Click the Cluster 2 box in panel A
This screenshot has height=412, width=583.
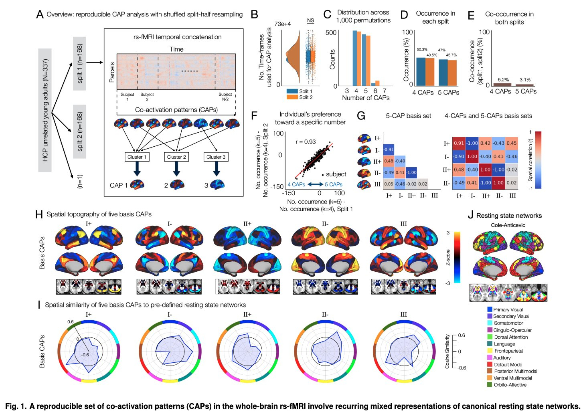176,157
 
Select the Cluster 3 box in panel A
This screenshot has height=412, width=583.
216,157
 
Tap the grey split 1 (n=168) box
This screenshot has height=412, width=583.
79,63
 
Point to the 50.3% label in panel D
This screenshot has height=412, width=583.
422,50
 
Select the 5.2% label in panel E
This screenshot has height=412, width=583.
503,80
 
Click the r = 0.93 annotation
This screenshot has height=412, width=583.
306,142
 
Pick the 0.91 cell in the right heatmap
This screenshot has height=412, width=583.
459,143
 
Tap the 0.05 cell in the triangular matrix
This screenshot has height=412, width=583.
389,184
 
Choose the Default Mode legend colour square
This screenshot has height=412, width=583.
490,364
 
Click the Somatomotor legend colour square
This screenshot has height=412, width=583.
490,323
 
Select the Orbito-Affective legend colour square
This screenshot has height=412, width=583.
490,385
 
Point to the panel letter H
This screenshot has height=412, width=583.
39,214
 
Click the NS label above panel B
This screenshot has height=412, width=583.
310,20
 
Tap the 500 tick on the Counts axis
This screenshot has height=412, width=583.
331,32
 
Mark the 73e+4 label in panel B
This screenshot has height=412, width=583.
282,24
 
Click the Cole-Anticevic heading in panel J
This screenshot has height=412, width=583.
508,225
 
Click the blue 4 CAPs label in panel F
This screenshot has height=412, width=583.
296,184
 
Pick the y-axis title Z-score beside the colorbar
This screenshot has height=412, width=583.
448,257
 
